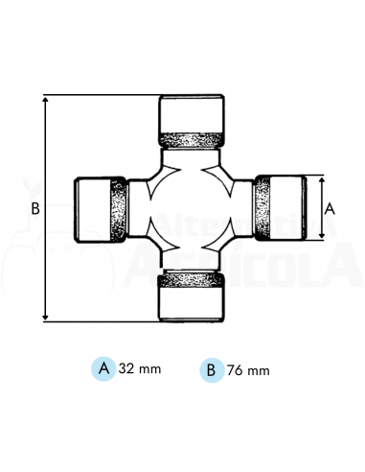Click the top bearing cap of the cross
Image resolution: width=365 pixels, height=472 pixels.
[x=192, y=113]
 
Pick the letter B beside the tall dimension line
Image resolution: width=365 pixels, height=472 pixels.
[x=34, y=208]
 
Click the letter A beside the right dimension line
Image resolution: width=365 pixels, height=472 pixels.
[x=331, y=207]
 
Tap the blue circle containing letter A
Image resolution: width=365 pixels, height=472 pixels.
[x=103, y=367]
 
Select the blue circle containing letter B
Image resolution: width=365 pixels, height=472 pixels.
[x=211, y=367]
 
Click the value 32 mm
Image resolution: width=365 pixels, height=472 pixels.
[x=139, y=368]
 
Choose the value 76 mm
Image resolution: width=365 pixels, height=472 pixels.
[x=247, y=368]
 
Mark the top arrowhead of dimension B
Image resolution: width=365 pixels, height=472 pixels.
[x=45, y=99]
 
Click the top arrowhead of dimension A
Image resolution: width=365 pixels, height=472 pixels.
[x=320, y=179]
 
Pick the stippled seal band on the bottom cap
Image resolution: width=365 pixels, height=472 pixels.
[x=192, y=279]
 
